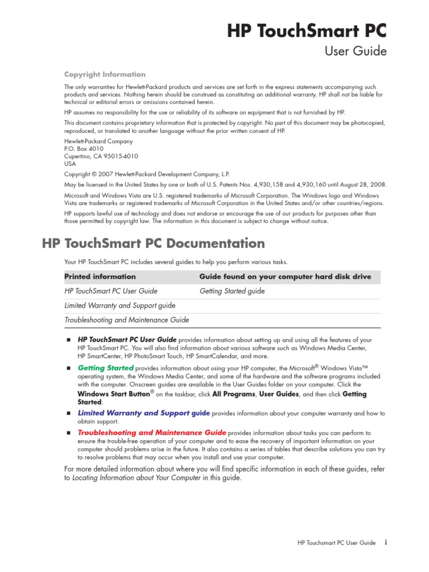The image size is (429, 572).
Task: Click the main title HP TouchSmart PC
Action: pyautogui.click(x=307, y=31)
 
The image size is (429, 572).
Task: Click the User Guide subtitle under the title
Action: pyautogui.click(x=355, y=51)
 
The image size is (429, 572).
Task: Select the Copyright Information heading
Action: pyautogui.click(x=104, y=74)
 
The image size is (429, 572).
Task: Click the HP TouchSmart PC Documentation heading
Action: pyautogui.click(x=154, y=244)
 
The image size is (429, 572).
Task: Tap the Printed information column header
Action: pyautogui.click(x=100, y=277)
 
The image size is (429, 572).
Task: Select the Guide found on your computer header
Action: pyautogui.click(x=285, y=277)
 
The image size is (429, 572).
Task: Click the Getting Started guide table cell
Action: pyautogui.click(x=232, y=291)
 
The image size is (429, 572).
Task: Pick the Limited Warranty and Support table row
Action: pyautogui.click(x=120, y=306)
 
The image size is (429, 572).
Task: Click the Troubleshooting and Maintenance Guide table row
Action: pyautogui.click(x=127, y=320)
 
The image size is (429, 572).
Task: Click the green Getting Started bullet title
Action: pyautogui.click(x=106, y=368)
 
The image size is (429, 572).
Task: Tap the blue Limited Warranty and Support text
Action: pyautogui.click(x=144, y=413)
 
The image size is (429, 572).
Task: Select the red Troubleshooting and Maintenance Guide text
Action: pyautogui.click(x=152, y=432)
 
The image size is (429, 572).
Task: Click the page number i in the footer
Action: pyautogui.click(x=386, y=542)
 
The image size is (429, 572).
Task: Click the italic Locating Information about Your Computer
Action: pyautogui.click(x=137, y=478)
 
